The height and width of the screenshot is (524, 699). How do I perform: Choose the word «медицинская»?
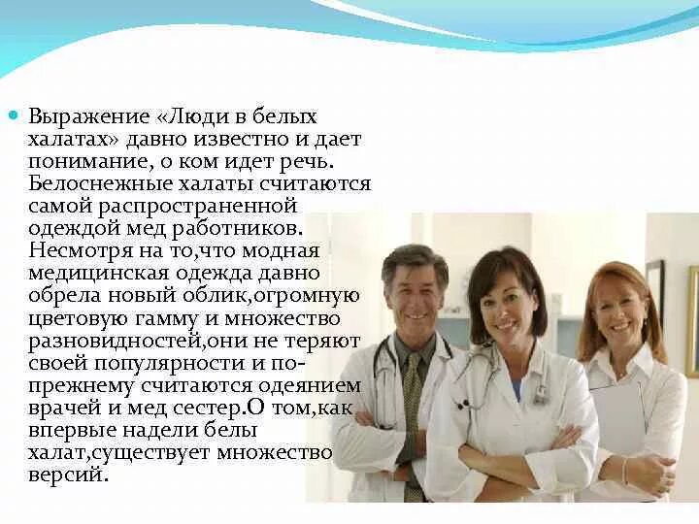90,274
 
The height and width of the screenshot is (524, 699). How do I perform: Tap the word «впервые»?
70,430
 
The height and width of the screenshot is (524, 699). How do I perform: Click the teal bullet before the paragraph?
14,115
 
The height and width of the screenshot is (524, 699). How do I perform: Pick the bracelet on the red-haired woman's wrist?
626,473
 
